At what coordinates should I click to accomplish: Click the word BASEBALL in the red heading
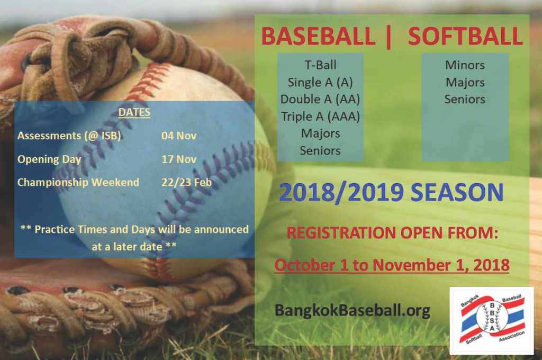point(318,37)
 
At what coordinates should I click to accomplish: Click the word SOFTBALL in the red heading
point(465,37)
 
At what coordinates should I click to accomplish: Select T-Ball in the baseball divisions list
point(320,66)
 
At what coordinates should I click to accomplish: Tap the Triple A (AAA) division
point(320,116)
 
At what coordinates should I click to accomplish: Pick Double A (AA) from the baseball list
point(320,100)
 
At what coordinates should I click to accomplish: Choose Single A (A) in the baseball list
point(320,83)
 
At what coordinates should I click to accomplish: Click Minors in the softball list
point(465,66)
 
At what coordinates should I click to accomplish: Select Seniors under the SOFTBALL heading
point(465,100)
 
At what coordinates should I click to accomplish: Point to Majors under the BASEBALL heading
point(320,133)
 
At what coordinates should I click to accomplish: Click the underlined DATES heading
point(134,113)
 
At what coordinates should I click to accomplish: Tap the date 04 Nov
point(179,136)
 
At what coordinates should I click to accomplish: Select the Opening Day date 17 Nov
point(179,159)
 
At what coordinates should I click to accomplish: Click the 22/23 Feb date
point(186,183)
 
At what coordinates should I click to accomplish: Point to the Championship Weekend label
point(78,183)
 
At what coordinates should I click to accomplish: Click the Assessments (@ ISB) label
point(69,136)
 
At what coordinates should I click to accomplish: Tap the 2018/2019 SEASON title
point(391,193)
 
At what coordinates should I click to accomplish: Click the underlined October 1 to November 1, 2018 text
point(392,265)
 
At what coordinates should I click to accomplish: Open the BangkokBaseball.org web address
point(352,310)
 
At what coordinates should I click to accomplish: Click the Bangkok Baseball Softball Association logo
point(491,320)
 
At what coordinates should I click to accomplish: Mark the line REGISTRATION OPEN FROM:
point(392,233)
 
